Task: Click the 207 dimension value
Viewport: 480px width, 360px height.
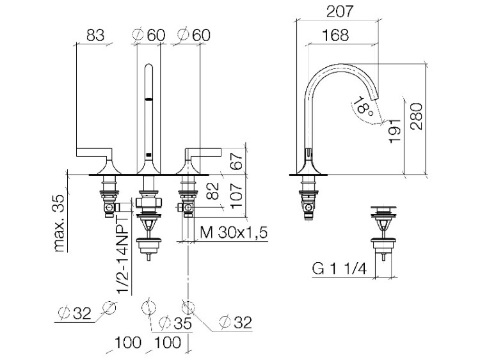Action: click(340, 12)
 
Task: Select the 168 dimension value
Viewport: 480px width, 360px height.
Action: click(335, 35)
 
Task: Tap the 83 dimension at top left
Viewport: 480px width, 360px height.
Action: click(95, 35)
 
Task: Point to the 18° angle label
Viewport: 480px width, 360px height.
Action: click(362, 106)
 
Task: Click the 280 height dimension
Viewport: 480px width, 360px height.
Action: click(417, 116)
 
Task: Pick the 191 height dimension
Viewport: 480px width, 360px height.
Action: click(395, 130)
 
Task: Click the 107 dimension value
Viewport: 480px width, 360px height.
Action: click(237, 196)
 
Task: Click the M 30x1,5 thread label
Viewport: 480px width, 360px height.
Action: click(234, 233)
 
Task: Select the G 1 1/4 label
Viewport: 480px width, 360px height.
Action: click(339, 269)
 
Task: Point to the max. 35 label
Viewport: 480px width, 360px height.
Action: click(60, 223)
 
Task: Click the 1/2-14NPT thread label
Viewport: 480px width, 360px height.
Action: click(124, 255)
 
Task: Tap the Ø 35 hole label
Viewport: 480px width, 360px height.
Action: click(175, 324)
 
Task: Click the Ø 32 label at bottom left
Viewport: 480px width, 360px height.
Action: click(75, 313)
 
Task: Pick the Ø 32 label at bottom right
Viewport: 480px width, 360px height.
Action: click(236, 322)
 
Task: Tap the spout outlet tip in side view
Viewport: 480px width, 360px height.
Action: click(375, 98)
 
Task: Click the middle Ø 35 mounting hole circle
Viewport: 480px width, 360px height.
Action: click(149, 308)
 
